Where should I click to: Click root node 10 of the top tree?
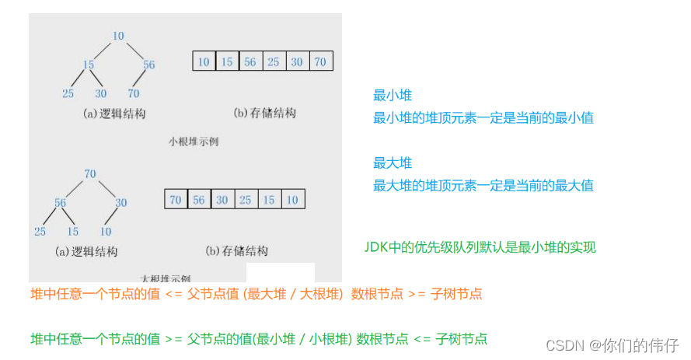[x=118, y=35]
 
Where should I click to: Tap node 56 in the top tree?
[x=148, y=65]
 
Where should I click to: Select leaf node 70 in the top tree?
[x=134, y=94]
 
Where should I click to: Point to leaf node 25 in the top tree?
[x=68, y=94]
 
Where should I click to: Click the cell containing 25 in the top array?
[x=274, y=62]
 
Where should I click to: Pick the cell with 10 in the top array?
[x=204, y=62]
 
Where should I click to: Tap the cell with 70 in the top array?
[x=320, y=62]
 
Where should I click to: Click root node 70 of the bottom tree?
[x=90, y=173]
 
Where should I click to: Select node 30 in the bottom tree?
[x=120, y=202]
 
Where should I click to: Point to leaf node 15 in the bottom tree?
[x=73, y=232]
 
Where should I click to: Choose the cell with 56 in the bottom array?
[x=200, y=200]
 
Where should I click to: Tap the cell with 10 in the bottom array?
[x=293, y=200]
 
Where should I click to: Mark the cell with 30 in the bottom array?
[x=223, y=200]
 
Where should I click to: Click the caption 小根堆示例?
[x=194, y=142]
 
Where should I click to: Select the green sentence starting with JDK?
[x=480, y=247]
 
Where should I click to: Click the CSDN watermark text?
[x=612, y=344]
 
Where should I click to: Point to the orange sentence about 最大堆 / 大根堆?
[x=256, y=294]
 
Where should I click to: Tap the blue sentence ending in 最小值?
[x=483, y=118]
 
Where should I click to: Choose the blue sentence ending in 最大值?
[x=483, y=186]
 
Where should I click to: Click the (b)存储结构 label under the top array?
[x=264, y=114]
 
